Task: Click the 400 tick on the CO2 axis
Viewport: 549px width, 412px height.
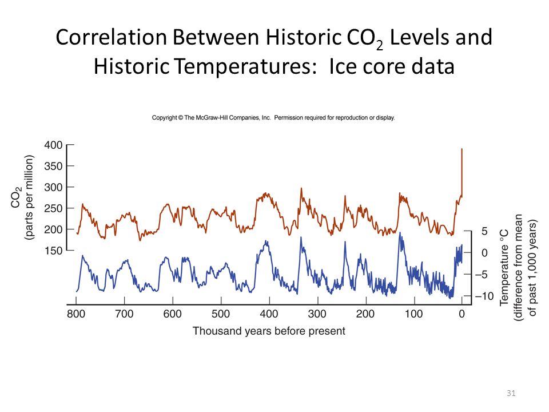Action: point(53,145)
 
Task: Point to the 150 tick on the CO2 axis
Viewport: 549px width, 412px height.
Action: point(53,250)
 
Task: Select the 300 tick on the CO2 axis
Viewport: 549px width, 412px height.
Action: point(53,187)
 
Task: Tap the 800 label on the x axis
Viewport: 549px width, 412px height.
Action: point(76,314)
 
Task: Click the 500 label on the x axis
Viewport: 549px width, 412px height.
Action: point(221,314)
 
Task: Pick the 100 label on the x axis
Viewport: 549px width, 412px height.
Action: point(414,314)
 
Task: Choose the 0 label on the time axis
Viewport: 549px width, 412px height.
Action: point(462,314)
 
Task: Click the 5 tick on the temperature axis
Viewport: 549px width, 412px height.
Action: point(483,231)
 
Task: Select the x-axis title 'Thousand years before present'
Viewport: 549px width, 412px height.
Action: point(269,331)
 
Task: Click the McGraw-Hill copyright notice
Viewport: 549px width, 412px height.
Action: point(273,118)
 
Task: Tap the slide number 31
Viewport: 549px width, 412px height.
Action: point(511,393)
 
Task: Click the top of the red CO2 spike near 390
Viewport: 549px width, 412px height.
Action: point(462,149)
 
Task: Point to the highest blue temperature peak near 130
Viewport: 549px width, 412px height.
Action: point(400,233)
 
